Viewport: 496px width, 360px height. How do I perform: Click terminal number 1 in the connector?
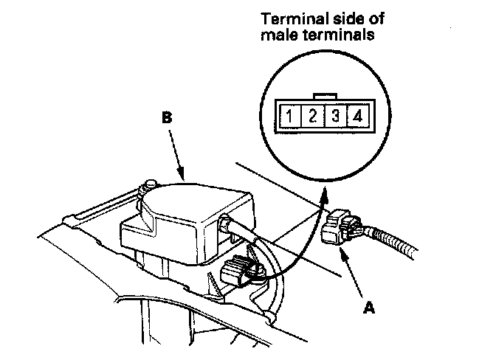293,116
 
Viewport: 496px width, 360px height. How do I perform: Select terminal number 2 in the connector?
313,116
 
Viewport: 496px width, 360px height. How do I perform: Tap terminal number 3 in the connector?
334,116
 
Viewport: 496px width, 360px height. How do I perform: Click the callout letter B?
167,117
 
